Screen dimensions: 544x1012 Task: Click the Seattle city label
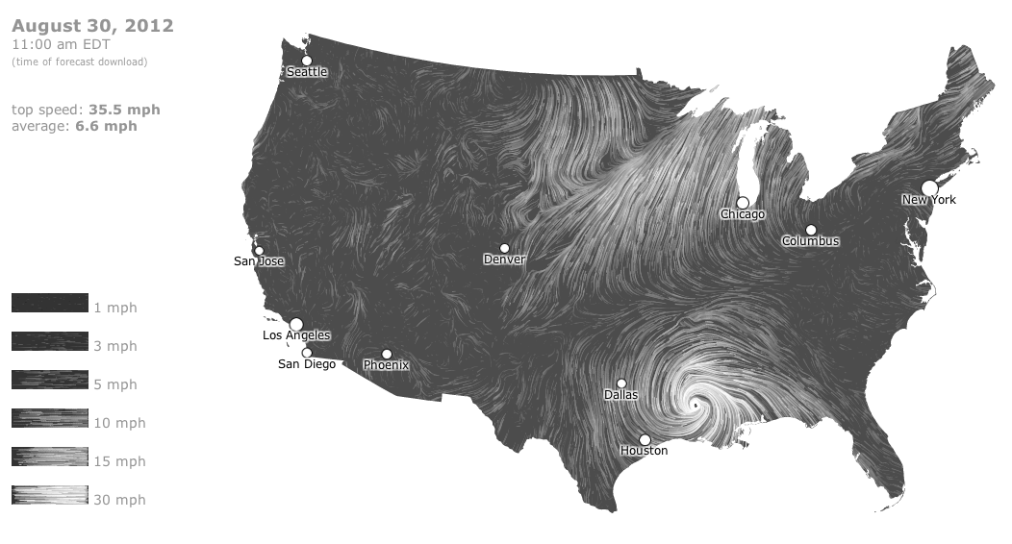307,72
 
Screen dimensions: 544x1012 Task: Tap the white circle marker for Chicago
743,203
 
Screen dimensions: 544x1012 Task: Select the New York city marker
929,187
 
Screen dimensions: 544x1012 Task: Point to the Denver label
505,260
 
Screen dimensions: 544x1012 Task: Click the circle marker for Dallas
621,383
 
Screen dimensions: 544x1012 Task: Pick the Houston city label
644,451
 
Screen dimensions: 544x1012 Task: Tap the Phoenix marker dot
387,354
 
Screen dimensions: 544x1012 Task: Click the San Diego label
307,364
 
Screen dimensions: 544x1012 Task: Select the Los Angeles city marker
296,324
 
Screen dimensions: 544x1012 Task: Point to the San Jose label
259,261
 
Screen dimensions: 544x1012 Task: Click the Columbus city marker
811,230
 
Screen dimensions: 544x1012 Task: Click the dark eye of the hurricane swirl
695,406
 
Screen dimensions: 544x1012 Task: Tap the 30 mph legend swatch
50,496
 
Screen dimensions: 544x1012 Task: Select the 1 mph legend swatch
50,304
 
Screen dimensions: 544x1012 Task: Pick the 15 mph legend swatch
50,457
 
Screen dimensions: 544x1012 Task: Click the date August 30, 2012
92,26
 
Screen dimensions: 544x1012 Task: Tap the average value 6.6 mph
106,126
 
